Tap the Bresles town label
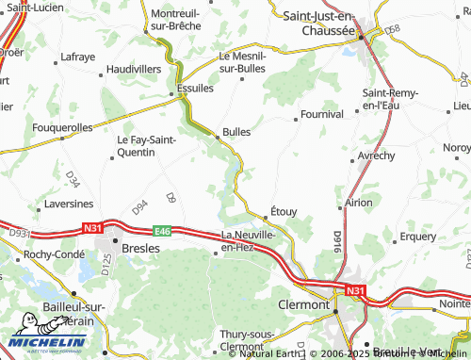pos(141,248)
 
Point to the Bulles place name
pos(236,132)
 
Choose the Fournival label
pos(318,114)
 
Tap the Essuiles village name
pos(196,89)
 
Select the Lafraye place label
pos(78,57)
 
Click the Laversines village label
pos(68,203)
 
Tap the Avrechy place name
pos(377,155)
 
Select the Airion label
pos(359,203)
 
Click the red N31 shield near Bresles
pos(92,227)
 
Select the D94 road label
pos(140,205)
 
